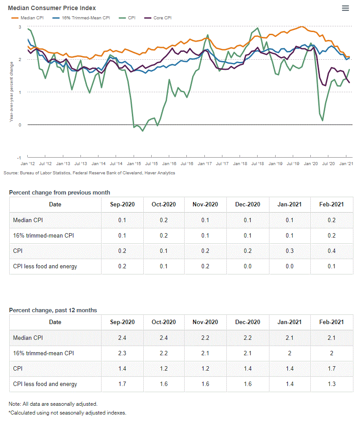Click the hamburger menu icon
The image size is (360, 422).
[345, 8]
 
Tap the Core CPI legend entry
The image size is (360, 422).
[162, 18]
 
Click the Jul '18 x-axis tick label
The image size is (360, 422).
[257, 163]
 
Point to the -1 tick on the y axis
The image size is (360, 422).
[19, 158]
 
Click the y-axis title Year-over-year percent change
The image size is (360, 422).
[11, 92]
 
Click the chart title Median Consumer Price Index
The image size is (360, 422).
[52, 8]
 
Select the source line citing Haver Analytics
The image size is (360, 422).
[89, 173]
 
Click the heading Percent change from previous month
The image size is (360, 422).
[59, 192]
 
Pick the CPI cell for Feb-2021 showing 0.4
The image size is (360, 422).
[331, 251]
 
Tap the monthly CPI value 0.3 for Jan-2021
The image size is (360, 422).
[289, 251]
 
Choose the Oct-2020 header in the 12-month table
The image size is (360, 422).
[164, 322]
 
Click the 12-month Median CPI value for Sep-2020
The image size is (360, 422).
[122, 338]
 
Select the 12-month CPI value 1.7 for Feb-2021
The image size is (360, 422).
[331, 369]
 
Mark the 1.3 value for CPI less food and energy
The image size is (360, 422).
[331, 384]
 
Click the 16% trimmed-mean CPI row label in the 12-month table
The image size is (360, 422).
[44, 353]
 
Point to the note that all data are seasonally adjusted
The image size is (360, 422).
[53, 404]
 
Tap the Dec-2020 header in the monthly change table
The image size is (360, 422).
[247, 204]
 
